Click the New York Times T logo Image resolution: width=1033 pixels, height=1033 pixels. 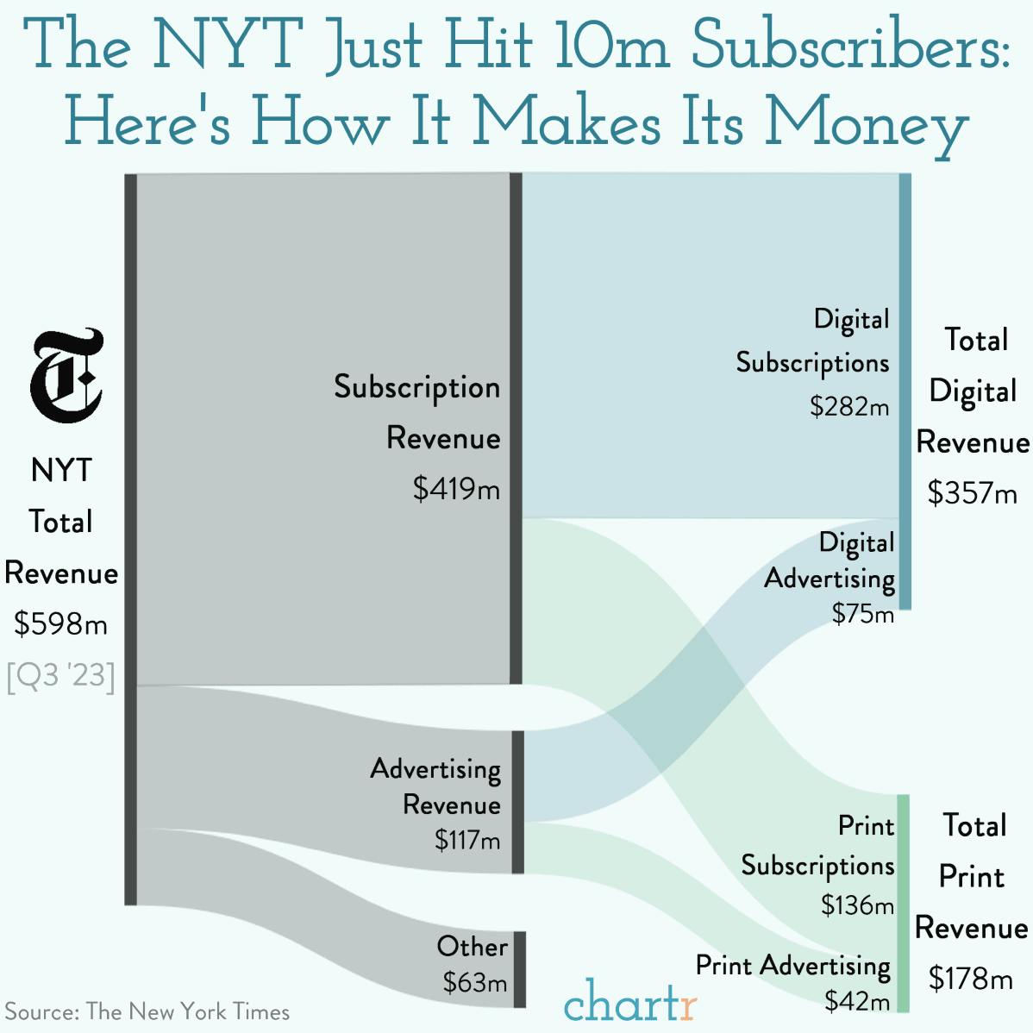pyautogui.click(x=66, y=376)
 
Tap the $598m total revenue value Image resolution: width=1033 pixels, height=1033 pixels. pyautogui.click(x=60, y=623)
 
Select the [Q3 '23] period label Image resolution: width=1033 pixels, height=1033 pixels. pyautogui.click(x=60, y=675)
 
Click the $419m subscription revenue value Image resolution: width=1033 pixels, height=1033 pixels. pyautogui.click(x=456, y=490)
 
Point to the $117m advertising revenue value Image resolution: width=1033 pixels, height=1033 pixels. pyautogui.click(x=466, y=840)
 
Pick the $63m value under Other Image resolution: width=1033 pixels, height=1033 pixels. pyautogui.click(x=475, y=982)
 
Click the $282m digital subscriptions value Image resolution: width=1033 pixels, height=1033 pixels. pyautogui.click(x=849, y=405)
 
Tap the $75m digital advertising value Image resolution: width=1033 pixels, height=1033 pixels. pyautogui.click(x=863, y=614)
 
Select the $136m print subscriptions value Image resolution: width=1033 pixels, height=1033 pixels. pyautogui.click(x=857, y=905)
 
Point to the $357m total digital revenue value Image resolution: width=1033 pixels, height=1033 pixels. pyautogui.click(x=972, y=493)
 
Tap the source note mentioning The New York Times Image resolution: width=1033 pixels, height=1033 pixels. pyautogui.click(x=147, y=1011)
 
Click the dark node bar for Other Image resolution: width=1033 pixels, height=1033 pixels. pyautogui.click(x=520, y=969)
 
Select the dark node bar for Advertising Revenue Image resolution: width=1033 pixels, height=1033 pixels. pyautogui.click(x=517, y=802)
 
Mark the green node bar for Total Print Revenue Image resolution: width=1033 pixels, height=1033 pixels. pyautogui.click(x=903, y=903)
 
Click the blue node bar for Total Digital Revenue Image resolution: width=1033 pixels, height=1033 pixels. pyautogui.click(x=905, y=391)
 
